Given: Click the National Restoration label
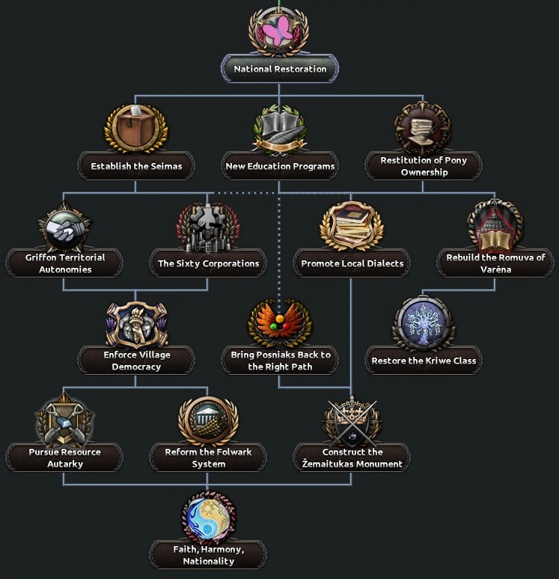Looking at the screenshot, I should pyautogui.click(x=280, y=69).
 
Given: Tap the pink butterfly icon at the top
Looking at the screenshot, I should pyautogui.click(x=279, y=31).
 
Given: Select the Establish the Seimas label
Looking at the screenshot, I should pyautogui.click(x=136, y=166).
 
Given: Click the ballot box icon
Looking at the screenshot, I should pyautogui.click(x=136, y=127).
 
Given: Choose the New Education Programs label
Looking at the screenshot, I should pyautogui.click(x=279, y=166).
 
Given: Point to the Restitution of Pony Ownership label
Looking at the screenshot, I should pyautogui.click(x=424, y=166).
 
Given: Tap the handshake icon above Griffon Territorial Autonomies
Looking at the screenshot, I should pyautogui.click(x=64, y=226).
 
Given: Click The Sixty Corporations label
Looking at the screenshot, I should pyautogui.click(x=208, y=263).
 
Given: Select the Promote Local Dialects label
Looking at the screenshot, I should pyautogui.click(x=352, y=263).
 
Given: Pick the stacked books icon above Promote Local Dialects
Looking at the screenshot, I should pyautogui.click(x=352, y=224).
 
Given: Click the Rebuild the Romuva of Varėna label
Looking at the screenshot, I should pyautogui.click(x=495, y=263).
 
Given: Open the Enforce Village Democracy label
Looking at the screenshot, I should pyautogui.click(x=136, y=361).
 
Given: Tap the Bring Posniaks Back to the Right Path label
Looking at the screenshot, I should pyautogui.click(x=280, y=361).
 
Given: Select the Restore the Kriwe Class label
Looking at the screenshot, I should pyautogui.click(x=424, y=361).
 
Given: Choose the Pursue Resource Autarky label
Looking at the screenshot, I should pyautogui.click(x=64, y=458).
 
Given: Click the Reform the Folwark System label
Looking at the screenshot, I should pyautogui.click(x=208, y=458).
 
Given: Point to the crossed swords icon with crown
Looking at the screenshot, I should pyautogui.click(x=352, y=420).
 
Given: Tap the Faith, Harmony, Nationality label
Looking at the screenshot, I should pyautogui.click(x=208, y=555).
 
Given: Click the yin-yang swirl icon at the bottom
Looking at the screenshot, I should pyautogui.click(x=208, y=517).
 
